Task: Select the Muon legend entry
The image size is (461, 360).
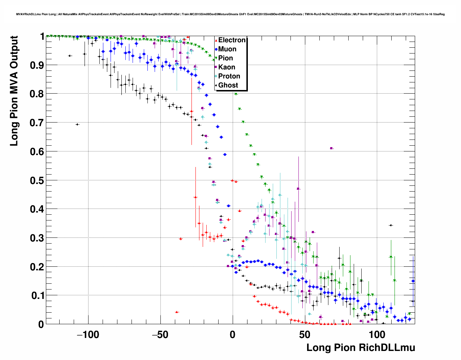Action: click(x=227, y=49)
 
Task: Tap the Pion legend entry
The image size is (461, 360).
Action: click(x=225, y=58)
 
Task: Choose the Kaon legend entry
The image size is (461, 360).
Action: click(x=227, y=67)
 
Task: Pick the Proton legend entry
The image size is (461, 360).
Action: click(x=229, y=76)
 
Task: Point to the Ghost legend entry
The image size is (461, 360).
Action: click(x=228, y=85)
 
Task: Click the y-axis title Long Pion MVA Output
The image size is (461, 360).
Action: click(x=14, y=91)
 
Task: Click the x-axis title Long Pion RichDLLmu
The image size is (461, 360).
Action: click(x=361, y=348)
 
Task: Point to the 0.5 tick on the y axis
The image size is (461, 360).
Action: click(x=36, y=180)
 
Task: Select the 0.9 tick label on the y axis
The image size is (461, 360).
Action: click(x=36, y=65)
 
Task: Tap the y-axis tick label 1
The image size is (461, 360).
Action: click(x=42, y=37)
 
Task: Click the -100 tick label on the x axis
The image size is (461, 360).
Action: click(x=88, y=335)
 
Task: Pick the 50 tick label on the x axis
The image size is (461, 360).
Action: click(x=305, y=335)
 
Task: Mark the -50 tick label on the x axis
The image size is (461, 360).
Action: click(x=160, y=335)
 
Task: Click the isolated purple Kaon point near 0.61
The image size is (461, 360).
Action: click(x=331, y=148)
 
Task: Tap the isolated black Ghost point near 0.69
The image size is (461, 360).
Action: click(x=77, y=124)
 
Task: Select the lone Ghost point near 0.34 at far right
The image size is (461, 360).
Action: click(x=391, y=225)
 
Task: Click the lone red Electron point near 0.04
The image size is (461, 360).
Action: click(x=176, y=312)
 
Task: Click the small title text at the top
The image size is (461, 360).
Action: click(x=231, y=14)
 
